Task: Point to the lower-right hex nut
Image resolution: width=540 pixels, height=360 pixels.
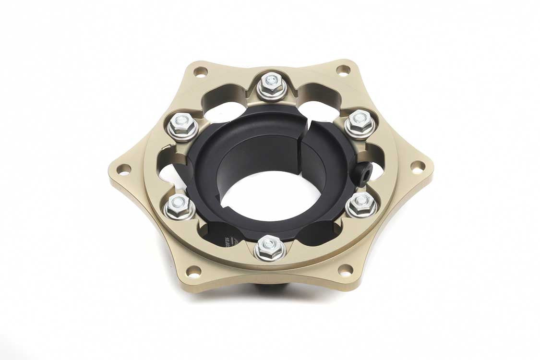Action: pos(361,205)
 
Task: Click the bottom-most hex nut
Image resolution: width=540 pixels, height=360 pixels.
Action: pos(269,248)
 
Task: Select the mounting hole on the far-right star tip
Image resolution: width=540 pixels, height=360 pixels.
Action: pos(418,167)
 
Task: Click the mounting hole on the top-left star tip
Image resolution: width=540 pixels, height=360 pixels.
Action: pos(200,72)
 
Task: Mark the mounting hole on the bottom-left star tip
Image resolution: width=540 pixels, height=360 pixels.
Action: pos(193,272)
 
